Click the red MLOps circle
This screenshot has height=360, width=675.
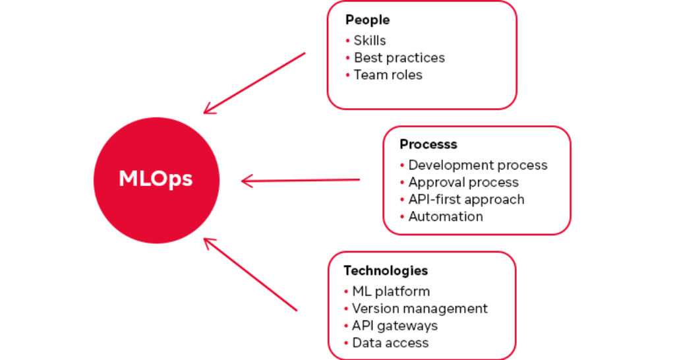156,180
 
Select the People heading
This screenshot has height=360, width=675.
367,20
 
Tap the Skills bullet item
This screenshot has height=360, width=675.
369,41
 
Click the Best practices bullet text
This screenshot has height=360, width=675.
399,58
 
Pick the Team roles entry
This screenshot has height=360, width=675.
388,75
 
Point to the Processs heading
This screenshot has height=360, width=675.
428,144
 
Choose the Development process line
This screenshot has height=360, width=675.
477,165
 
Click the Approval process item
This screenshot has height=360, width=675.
463,182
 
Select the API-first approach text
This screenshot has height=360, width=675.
466,199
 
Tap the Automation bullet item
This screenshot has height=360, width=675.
445,216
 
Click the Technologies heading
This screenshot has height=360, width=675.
386,270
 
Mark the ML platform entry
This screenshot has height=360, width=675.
390,291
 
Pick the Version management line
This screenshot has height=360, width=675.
419,309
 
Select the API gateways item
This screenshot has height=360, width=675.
394,326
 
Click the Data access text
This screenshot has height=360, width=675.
390,343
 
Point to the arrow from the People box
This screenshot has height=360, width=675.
254,83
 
